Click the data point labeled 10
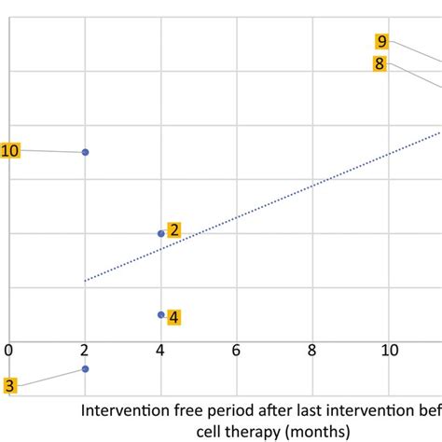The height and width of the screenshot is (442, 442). tap(85, 152)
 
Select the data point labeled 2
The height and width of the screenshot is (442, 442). tap(161, 233)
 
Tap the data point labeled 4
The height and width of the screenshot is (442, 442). tap(161, 315)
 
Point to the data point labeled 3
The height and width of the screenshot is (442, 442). tap(85, 368)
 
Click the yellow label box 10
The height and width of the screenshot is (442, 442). tap(10, 151)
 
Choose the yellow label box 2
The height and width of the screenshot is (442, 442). tap(174, 230)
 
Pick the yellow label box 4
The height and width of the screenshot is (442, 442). tap(174, 317)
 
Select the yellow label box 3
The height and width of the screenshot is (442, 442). tap(9, 385)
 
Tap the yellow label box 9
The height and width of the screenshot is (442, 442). tap(382, 41)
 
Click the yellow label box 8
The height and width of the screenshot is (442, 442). tap(380, 63)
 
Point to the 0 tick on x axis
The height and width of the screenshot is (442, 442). tap(8, 350)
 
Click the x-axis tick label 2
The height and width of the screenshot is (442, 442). tap(85, 350)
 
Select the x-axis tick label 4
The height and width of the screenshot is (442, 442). tap(160, 350)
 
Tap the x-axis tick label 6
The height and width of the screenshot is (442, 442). tap(237, 350)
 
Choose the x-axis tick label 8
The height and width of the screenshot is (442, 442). tap(312, 350)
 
